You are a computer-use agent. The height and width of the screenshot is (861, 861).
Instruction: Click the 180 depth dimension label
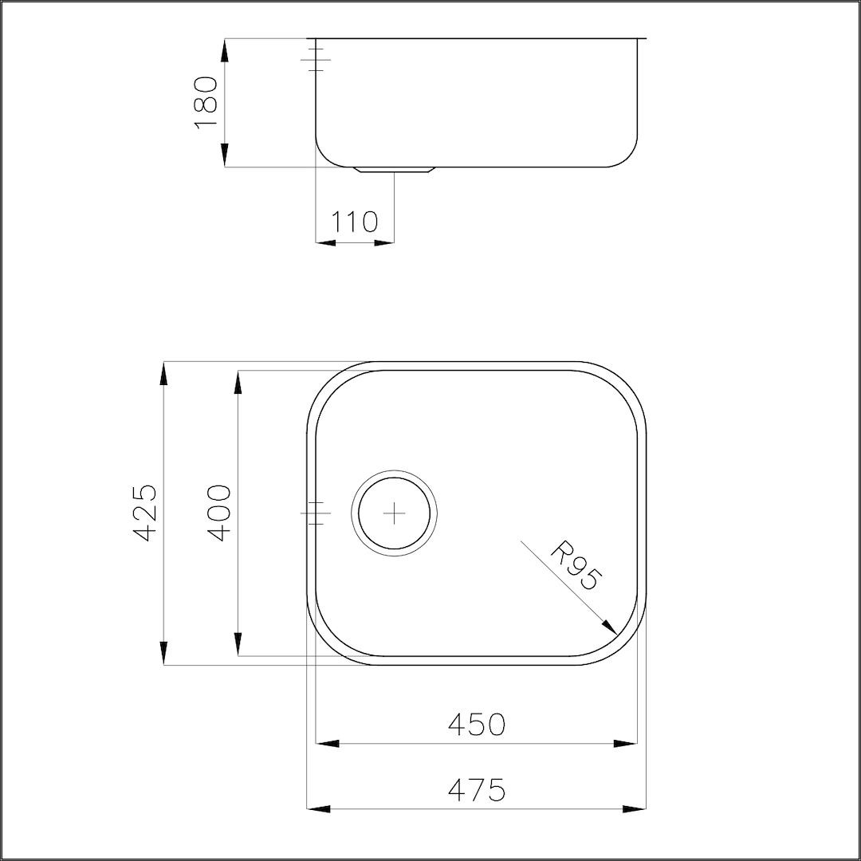pyautogui.click(x=206, y=103)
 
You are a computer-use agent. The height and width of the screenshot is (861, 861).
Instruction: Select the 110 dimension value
pyautogui.click(x=354, y=222)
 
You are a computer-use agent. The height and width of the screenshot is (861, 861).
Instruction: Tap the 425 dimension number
pyautogui.click(x=146, y=513)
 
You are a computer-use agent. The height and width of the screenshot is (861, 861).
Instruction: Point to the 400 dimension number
pyautogui.click(x=220, y=513)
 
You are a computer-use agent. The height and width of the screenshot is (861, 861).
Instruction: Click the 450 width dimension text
pyautogui.click(x=476, y=724)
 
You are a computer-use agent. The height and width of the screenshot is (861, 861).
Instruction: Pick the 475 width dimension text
pyautogui.click(x=476, y=790)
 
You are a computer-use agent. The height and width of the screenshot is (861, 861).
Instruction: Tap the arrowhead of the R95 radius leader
pyautogui.click(x=610, y=627)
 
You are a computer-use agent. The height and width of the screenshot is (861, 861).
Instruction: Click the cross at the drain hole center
pyautogui.click(x=395, y=513)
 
